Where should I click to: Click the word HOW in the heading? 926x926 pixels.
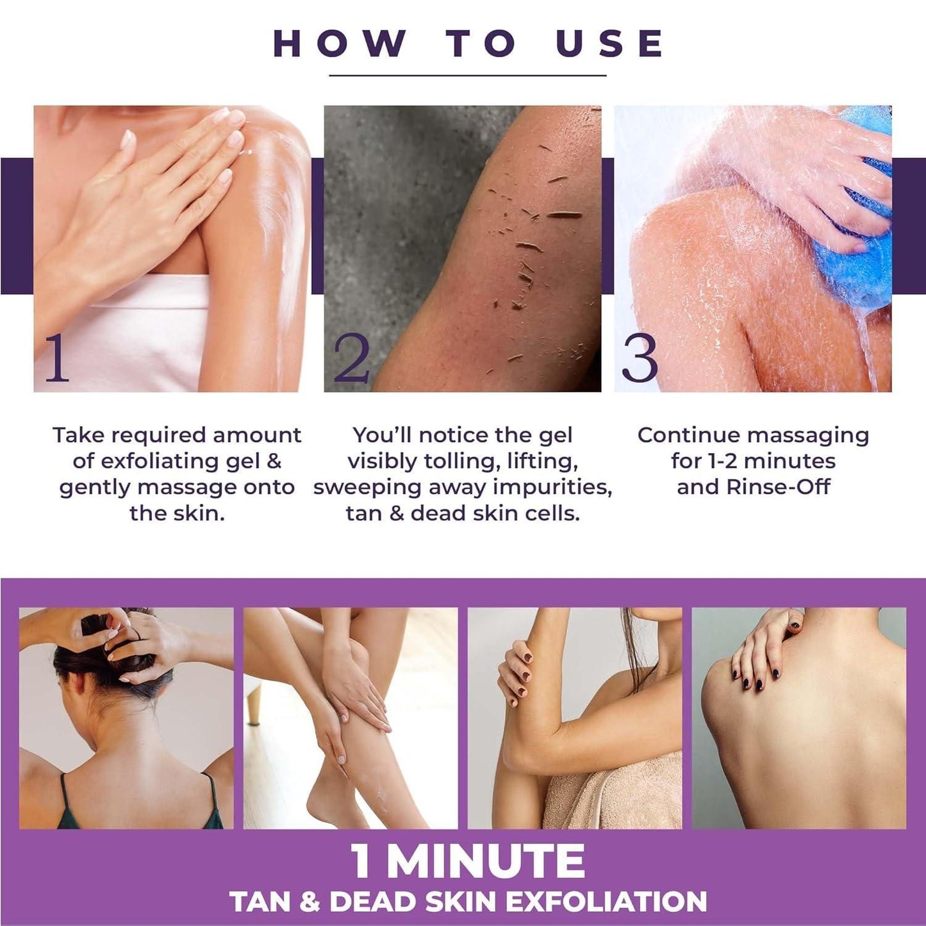[x=339, y=44]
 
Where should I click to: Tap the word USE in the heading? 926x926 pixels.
[x=609, y=44]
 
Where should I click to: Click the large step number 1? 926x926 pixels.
[x=56, y=359]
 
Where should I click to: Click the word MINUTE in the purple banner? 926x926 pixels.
[x=486, y=862]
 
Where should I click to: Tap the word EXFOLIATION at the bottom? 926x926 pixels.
[x=606, y=902]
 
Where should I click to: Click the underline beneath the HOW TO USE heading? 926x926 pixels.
[x=467, y=76]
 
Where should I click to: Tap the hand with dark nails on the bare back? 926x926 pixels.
[x=766, y=654]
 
